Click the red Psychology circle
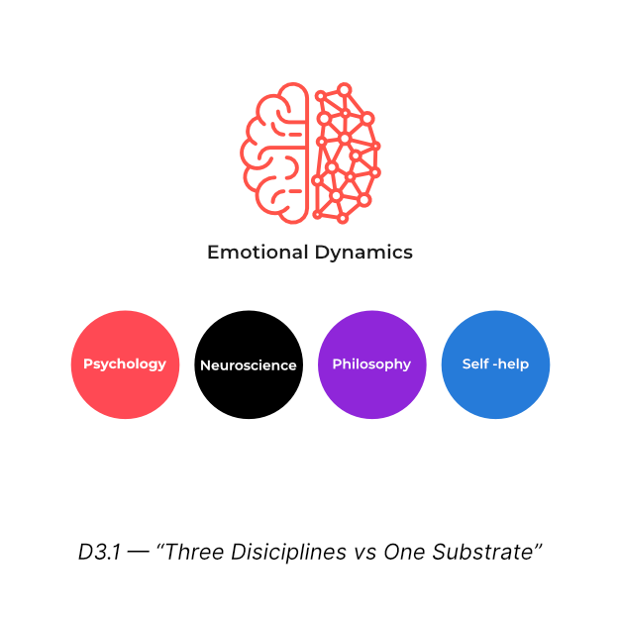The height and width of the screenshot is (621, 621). tap(125, 364)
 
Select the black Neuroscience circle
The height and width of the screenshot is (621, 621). tap(249, 364)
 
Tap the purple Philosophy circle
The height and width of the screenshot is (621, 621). tap(371, 364)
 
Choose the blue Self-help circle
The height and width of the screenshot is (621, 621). tap(495, 364)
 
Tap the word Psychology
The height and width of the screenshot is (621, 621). tap(125, 364)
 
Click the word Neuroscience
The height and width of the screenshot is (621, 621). tap(249, 365)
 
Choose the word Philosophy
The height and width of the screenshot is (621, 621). tap(371, 364)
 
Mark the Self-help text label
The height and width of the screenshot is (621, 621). tap(495, 364)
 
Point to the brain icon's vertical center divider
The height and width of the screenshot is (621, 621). tap(310, 152)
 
